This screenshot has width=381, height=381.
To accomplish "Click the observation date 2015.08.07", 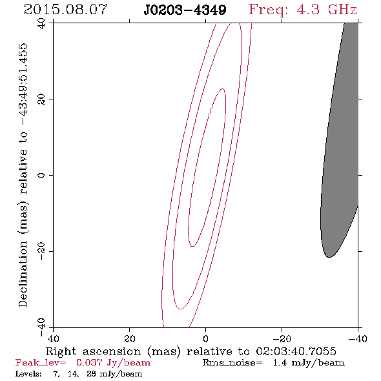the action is click(65, 10).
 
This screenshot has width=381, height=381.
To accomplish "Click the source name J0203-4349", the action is click(185, 10).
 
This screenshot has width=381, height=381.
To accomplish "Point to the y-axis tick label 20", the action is click(41, 99).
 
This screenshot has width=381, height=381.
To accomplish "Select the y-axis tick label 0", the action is click(41, 175).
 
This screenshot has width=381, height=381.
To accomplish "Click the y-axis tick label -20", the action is click(41, 251).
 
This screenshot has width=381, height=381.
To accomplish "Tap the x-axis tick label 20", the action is click(130, 338).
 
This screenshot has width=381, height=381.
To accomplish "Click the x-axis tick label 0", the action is click(205, 338).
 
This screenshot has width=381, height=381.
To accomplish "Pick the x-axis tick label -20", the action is click(282, 338).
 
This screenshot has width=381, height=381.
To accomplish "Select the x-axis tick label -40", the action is click(358, 338).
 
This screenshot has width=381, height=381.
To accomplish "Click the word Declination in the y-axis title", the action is click(23, 274).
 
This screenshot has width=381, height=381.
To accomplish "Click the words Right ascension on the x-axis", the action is click(93, 351).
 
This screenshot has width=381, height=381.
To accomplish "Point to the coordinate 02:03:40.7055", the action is click(296, 351).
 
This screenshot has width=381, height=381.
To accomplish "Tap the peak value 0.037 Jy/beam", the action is click(113, 362).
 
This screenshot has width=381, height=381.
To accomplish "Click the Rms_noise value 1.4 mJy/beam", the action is click(309, 362).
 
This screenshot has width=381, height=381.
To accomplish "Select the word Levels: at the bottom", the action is click(28, 374).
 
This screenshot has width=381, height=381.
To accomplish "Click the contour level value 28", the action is click(91, 374).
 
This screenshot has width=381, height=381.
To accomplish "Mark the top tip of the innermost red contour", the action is click(223, 88).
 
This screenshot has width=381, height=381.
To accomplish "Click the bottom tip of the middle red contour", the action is click(181, 309).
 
